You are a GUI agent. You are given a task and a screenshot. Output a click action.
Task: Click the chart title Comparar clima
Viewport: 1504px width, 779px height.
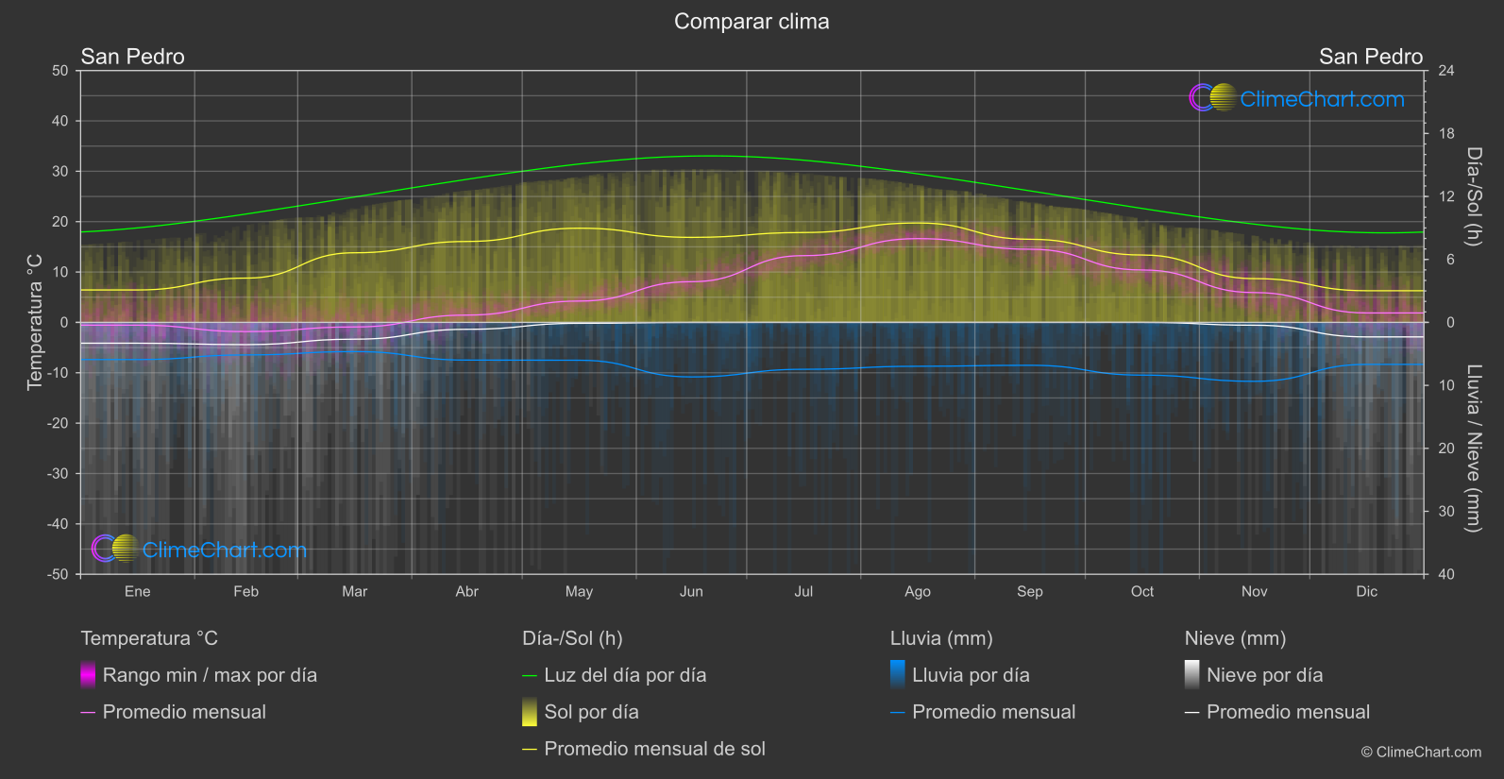pyautogui.click(x=752, y=22)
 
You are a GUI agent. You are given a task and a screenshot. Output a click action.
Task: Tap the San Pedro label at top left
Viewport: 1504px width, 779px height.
pyautogui.click(x=132, y=57)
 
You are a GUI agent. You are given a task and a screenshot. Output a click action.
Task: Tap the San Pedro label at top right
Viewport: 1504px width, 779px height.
pyautogui.click(x=1370, y=57)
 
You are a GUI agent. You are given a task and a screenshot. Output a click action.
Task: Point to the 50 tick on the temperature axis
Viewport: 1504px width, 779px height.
pyautogui.click(x=60, y=71)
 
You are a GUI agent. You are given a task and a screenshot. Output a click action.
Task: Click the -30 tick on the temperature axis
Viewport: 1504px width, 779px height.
pyautogui.click(x=58, y=474)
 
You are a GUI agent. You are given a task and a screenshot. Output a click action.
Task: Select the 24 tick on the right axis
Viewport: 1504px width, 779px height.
pyautogui.click(x=1445, y=71)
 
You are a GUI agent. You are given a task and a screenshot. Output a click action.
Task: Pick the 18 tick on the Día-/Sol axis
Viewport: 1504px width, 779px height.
pyautogui.click(x=1445, y=134)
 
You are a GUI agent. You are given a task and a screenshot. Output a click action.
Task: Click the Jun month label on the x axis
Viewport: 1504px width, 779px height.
pyautogui.click(x=691, y=592)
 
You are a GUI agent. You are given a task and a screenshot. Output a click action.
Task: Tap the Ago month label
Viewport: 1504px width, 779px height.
pyautogui.click(x=917, y=592)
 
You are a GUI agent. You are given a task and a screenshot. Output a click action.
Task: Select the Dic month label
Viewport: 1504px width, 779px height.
pyautogui.click(x=1366, y=592)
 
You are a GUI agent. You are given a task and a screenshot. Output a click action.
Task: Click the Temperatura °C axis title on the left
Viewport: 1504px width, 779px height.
pyautogui.click(x=35, y=322)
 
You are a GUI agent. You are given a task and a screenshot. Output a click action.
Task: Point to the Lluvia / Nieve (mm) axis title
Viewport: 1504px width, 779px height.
pyautogui.click(x=1473, y=449)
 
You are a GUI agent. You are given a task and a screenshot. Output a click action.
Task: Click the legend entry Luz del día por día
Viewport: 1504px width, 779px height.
pyautogui.click(x=624, y=675)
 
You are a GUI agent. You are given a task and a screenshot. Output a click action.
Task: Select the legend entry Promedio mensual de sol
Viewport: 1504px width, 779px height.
pyautogui.click(x=654, y=749)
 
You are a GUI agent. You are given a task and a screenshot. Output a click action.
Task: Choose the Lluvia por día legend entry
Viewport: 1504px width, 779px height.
pyautogui.click(x=970, y=675)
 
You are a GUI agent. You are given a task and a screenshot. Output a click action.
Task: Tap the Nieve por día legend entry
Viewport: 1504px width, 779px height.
pyautogui.click(x=1264, y=675)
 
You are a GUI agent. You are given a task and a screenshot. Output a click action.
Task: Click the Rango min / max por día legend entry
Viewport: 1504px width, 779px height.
pyautogui.click(x=209, y=675)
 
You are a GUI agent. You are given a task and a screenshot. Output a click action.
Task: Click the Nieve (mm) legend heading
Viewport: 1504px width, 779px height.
pyautogui.click(x=1235, y=638)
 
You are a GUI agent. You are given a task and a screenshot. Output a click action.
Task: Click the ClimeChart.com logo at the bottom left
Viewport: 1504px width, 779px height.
pyautogui.click(x=199, y=550)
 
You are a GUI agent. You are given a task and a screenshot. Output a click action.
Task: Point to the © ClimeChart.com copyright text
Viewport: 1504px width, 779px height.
pyautogui.click(x=1421, y=753)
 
